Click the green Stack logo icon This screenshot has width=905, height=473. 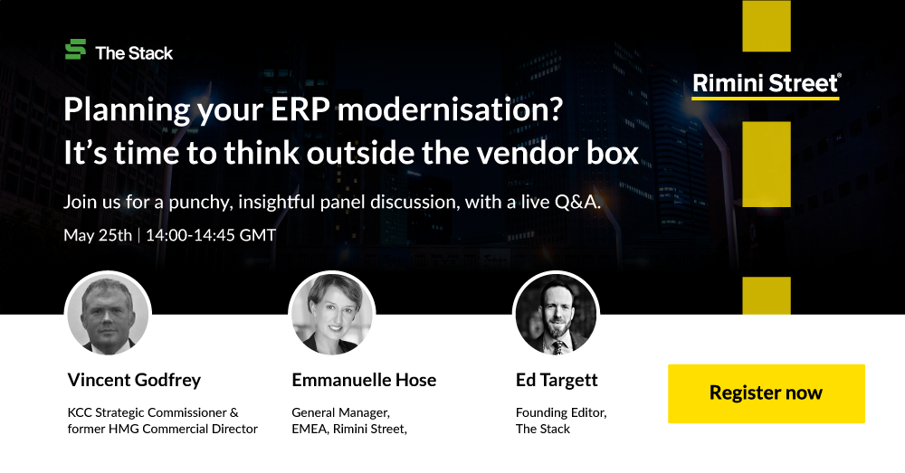click(76, 50)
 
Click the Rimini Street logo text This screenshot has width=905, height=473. click(767, 83)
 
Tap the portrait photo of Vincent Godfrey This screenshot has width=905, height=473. click(108, 315)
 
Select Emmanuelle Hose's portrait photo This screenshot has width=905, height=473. click(332, 315)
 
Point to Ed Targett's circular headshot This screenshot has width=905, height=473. click(556, 315)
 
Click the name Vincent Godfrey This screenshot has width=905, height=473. click(135, 380)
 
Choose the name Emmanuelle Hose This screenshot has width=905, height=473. click(364, 380)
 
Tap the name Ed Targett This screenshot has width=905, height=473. click(557, 380)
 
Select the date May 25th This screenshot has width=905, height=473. click(98, 235)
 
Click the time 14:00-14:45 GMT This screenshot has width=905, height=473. click(211, 235)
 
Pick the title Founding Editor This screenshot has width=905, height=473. click(561, 413)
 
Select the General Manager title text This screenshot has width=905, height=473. click(340, 413)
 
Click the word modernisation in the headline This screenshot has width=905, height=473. click(450, 109)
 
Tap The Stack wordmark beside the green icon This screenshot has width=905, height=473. click(135, 53)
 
